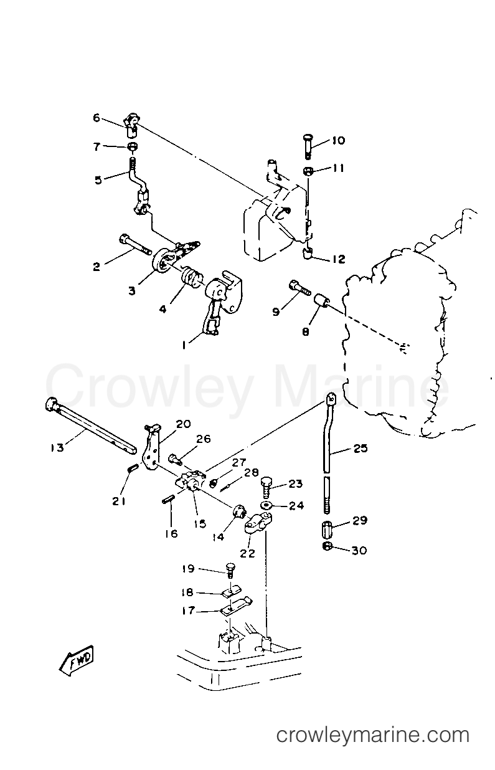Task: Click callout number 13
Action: (57, 447)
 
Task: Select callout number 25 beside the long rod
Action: (361, 448)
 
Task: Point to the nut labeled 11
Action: (308, 171)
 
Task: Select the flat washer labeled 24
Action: (266, 505)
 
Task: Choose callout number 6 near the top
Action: (96, 118)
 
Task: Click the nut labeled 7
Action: (133, 147)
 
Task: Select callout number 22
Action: (248, 554)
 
